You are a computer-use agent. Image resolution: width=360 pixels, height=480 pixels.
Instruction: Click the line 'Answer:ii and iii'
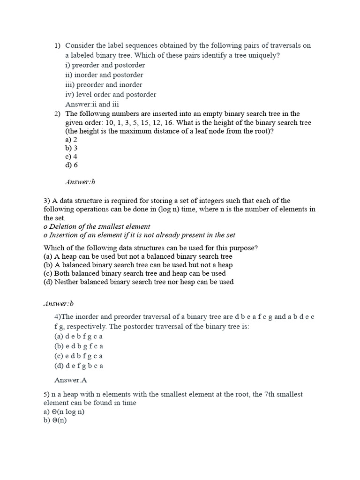(94, 104)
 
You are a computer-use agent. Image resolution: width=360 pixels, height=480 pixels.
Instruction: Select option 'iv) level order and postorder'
(111, 94)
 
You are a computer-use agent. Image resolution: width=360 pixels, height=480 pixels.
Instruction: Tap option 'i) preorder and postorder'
(105, 65)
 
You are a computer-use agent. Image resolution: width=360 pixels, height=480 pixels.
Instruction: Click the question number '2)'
(57, 114)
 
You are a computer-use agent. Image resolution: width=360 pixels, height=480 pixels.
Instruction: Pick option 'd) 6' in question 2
(72, 165)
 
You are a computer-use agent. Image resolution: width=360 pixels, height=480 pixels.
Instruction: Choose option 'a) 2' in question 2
(71, 139)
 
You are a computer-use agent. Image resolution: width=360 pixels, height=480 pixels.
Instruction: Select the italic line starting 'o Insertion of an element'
(139, 235)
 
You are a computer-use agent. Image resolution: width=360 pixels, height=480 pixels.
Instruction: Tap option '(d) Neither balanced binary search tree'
(138, 282)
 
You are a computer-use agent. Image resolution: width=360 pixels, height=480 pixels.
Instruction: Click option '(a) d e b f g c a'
(78, 336)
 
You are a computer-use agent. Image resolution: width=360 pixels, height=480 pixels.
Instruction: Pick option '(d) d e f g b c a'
(78, 365)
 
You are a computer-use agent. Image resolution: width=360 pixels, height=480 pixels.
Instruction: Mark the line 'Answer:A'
(71, 380)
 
